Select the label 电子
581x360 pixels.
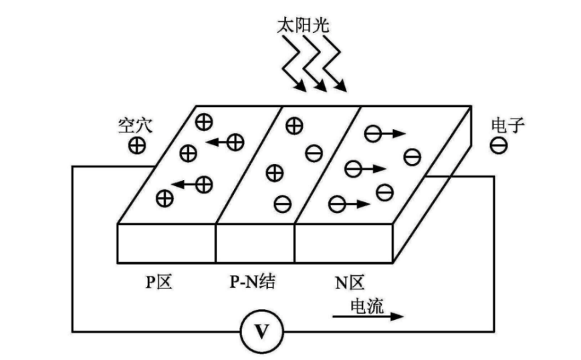pyautogui.click(x=504, y=125)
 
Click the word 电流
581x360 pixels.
pyautogui.click(x=366, y=304)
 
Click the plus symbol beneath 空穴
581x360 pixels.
pyautogui.click(x=137, y=145)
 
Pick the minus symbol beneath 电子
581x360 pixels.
pyautogui.click(x=498, y=145)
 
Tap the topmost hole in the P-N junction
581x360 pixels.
pyautogui.click(x=294, y=125)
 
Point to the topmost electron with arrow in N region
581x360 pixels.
pyautogui.click(x=373, y=134)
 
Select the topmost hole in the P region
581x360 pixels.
pyautogui.click(x=203, y=121)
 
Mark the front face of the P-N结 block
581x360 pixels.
pyautogui.click(x=255, y=243)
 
